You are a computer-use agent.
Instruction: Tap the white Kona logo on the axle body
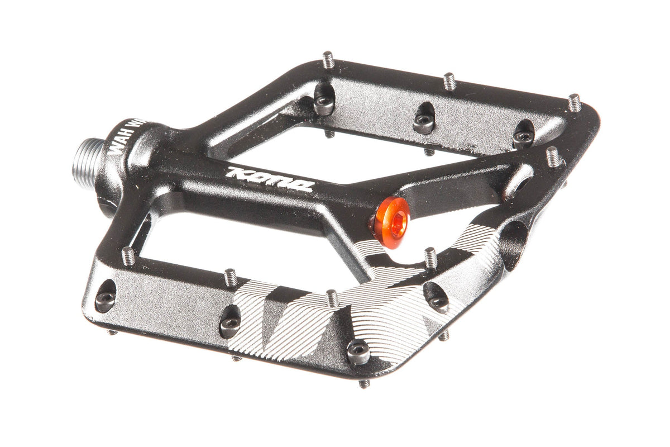[269, 179]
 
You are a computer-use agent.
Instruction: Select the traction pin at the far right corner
[575, 102]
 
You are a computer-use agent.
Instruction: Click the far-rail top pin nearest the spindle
[328, 60]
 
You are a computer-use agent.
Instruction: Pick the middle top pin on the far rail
[449, 81]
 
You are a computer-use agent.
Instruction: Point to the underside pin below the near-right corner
[364, 383]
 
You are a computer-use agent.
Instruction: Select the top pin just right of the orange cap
[430, 257]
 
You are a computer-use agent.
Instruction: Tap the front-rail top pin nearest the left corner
[128, 256]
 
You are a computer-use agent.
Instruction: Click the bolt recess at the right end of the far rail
[523, 136]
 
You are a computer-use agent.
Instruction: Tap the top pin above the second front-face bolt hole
[231, 277]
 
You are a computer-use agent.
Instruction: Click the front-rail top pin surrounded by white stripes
[332, 298]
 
